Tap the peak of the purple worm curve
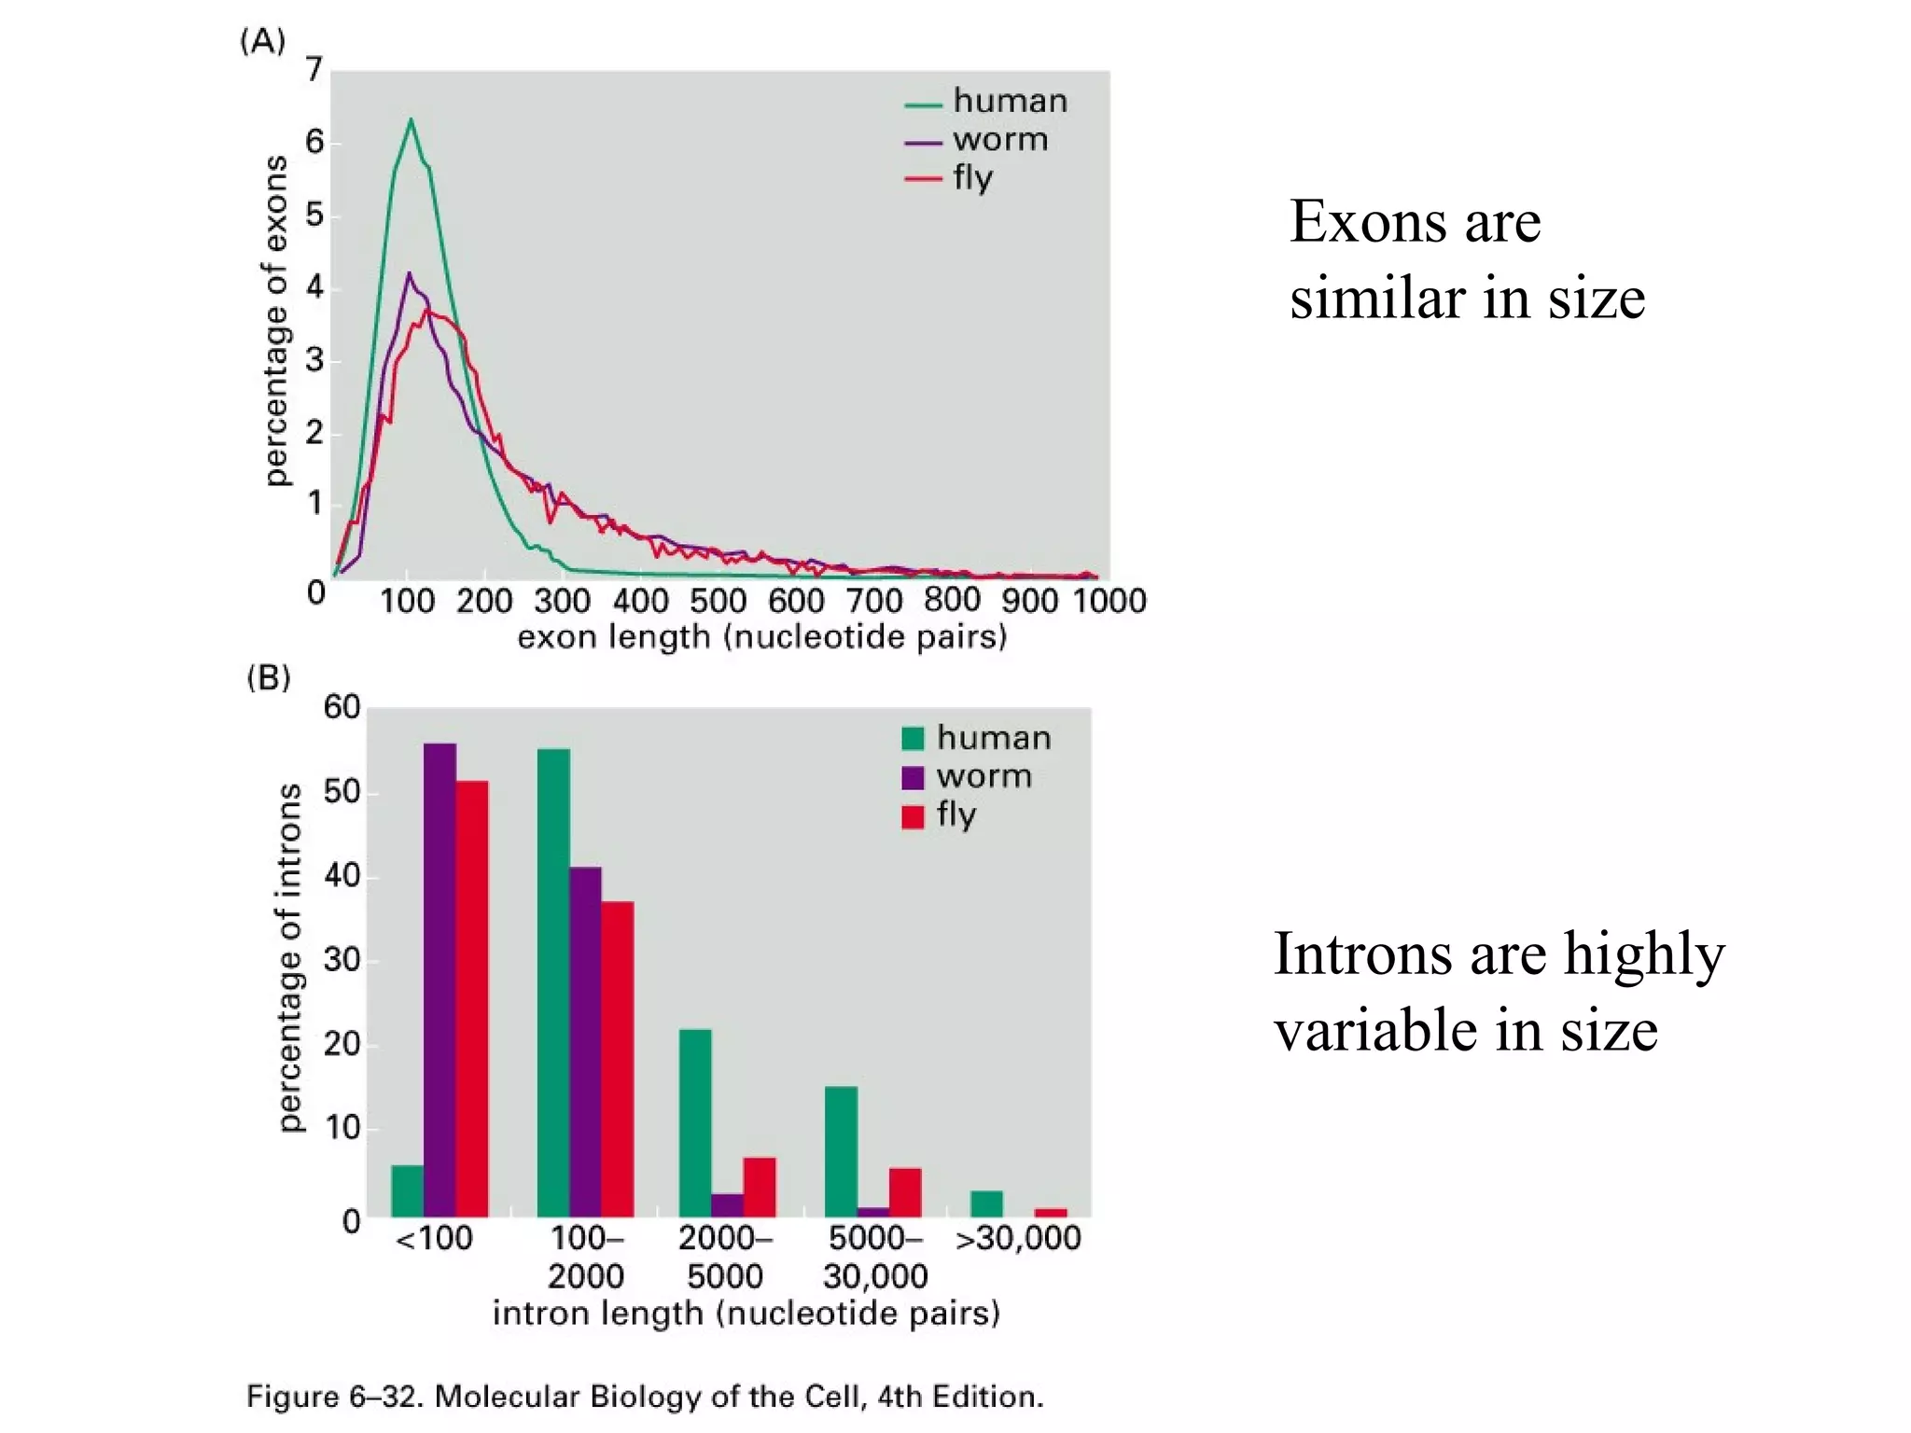pos(409,274)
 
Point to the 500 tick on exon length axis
pos(718,600)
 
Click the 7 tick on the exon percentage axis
pos(314,69)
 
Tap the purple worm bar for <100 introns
pos(439,980)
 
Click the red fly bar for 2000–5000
pos(759,1187)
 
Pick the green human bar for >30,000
pos(986,1203)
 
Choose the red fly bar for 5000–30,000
pos(904,1192)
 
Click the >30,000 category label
pos(1018,1238)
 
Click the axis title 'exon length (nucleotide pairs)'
pos(761,637)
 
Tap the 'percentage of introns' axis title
pos(290,957)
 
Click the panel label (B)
pos(269,677)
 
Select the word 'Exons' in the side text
pos(1367,222)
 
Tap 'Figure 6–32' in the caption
pos(335,1397)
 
